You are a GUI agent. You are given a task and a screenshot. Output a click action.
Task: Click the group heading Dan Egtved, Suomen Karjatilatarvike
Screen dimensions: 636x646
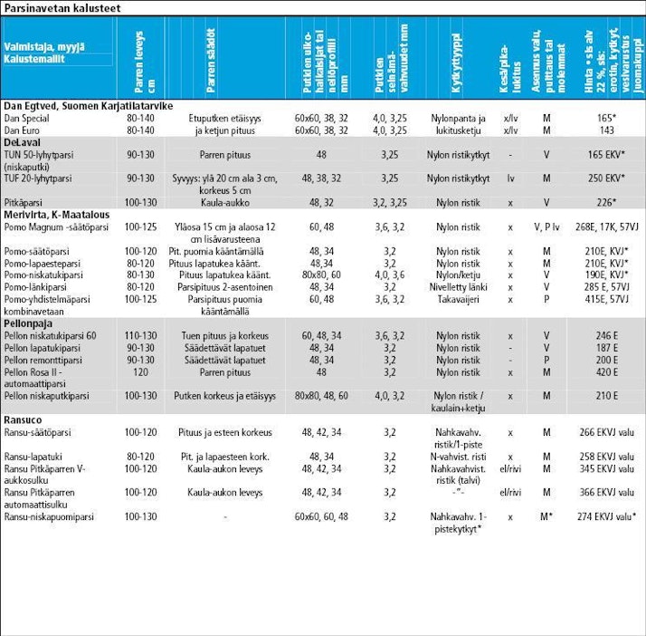point(88,106)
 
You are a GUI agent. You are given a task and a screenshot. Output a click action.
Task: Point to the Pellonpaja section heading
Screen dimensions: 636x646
point(29,323)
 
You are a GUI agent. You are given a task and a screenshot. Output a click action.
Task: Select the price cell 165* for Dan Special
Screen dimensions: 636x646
point(606,119)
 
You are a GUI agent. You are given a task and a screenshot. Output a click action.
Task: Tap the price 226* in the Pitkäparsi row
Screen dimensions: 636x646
point(606,203)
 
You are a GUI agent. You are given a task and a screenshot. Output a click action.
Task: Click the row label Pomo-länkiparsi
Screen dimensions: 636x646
point(40,286)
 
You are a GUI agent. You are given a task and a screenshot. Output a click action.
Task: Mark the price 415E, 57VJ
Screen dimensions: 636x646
point(606,298)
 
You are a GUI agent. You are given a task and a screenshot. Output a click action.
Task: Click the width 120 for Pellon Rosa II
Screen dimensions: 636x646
point(139,371)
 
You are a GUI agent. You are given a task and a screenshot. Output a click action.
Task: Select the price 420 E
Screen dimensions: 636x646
point(606,371)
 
